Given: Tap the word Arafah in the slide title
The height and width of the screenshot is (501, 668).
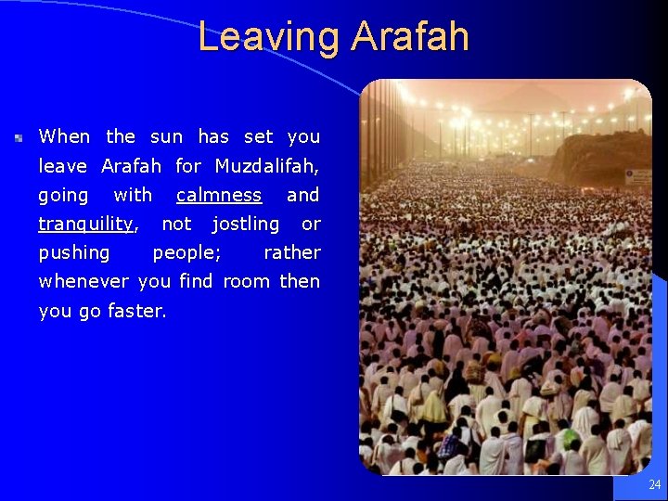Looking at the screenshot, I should (410, 37).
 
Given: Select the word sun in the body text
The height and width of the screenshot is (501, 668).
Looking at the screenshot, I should (166, 137).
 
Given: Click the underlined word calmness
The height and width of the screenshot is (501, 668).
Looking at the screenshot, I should (219, 196).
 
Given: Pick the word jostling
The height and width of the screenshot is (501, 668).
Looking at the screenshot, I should (245, 225).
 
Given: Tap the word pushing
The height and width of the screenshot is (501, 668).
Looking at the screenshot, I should (74, 253).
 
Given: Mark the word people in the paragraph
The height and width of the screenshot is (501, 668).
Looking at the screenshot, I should (186, 253).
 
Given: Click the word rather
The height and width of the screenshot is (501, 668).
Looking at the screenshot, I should (292, 252).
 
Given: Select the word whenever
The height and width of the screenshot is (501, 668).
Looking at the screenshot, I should (84, 281).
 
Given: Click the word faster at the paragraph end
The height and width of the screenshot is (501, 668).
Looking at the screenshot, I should (136, 312).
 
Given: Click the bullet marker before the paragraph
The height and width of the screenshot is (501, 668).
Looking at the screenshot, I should (19, 137).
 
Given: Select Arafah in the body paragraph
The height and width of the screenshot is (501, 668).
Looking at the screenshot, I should (131, 167).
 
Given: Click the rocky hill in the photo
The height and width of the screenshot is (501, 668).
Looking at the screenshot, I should (603, 158).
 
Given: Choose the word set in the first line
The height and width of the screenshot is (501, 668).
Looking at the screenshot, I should (258, 137).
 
